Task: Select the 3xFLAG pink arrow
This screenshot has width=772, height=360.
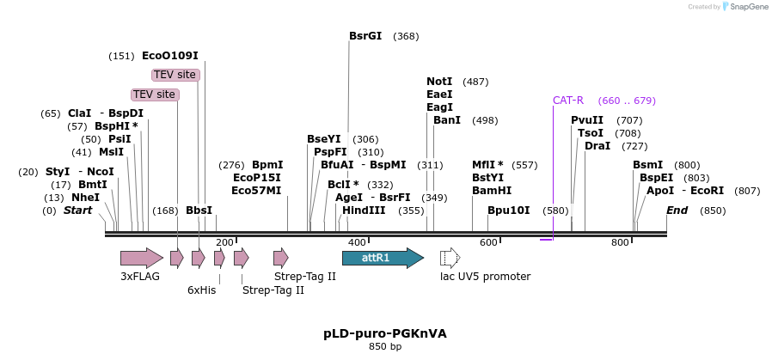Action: click(141, 258)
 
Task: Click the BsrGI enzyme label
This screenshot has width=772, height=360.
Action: click(365, 36)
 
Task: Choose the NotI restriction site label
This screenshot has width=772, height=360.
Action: click(439, 82)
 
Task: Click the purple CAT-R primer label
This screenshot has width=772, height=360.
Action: click(568, 101)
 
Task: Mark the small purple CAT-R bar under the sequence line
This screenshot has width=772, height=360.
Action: click(546, 240)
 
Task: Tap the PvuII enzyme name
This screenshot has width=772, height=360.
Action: click(587, 120)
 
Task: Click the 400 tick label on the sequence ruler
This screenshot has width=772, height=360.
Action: click(357, 243)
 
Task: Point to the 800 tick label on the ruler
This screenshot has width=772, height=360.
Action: click(621, 243)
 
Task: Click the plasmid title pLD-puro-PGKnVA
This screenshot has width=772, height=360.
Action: click(384, 333)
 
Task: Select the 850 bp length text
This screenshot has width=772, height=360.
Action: click(384, 347)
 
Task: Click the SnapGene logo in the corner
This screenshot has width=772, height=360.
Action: click(745, 7)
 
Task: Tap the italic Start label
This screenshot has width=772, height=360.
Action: click(77, 211)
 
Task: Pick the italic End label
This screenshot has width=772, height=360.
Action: click(677, 211)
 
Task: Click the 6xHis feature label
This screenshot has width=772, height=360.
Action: click(201, 290)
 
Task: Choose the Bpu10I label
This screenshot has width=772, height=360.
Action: click(508, 211)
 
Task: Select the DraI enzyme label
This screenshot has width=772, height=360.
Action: click(597, 146)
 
